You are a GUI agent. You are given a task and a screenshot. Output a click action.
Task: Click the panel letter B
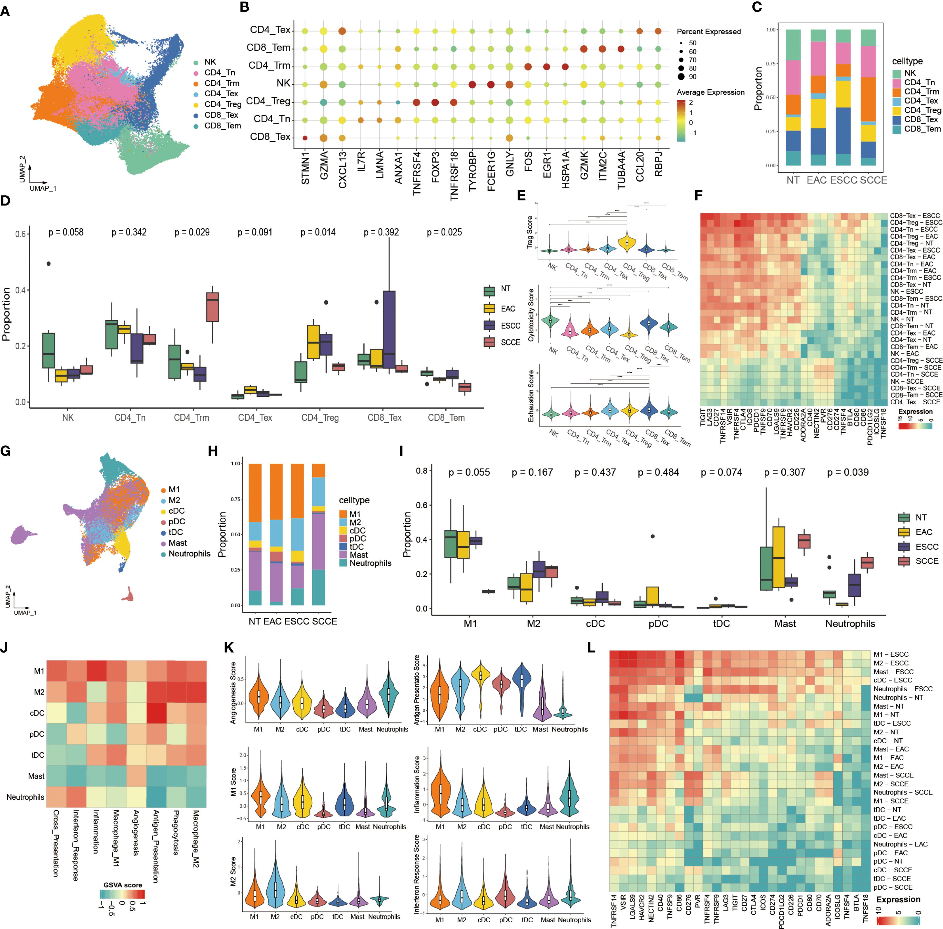coord(244,8)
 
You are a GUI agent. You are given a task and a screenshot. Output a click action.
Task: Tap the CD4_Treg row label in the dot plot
coord(268,102)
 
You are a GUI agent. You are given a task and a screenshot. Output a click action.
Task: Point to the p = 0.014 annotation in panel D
coord(318,232)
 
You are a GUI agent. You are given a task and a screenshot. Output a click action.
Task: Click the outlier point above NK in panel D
coord(48,263)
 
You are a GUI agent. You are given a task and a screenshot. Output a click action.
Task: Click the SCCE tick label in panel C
coord(873,180)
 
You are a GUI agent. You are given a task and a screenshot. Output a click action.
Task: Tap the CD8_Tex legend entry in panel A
coord(221,115)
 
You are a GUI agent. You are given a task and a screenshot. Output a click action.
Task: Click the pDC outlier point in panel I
coord(652,536)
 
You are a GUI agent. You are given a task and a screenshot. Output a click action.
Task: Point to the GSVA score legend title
coord(123,885)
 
